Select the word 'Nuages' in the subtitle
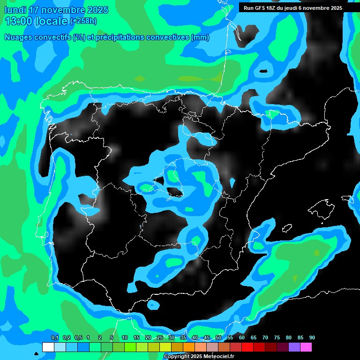pyautogui.click(x=19, y=37)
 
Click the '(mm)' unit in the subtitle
pyautogui.click(x=200, y=37)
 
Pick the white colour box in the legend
pyautogui.click(x=48, y=347)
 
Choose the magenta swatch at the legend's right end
pyautogui.click(x=306, y=347)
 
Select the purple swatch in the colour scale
pyautogui.click(x=294, y=347)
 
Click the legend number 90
pyautogui.click(x=312, y=338)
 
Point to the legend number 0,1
pyautogui.click(x=55, y=338)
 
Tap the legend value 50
pyautogui.click(x=218, y=338)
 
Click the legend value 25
pyautogui.click(x=160, y=338)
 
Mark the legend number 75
pyautogui.click(x=277, y=338)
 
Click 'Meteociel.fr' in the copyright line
pyautogui.click(x=219, y=357)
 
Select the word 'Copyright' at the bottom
pyautogui.click(x=177, y=357)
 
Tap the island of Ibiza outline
pyautogui.click(x=287, y=228)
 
